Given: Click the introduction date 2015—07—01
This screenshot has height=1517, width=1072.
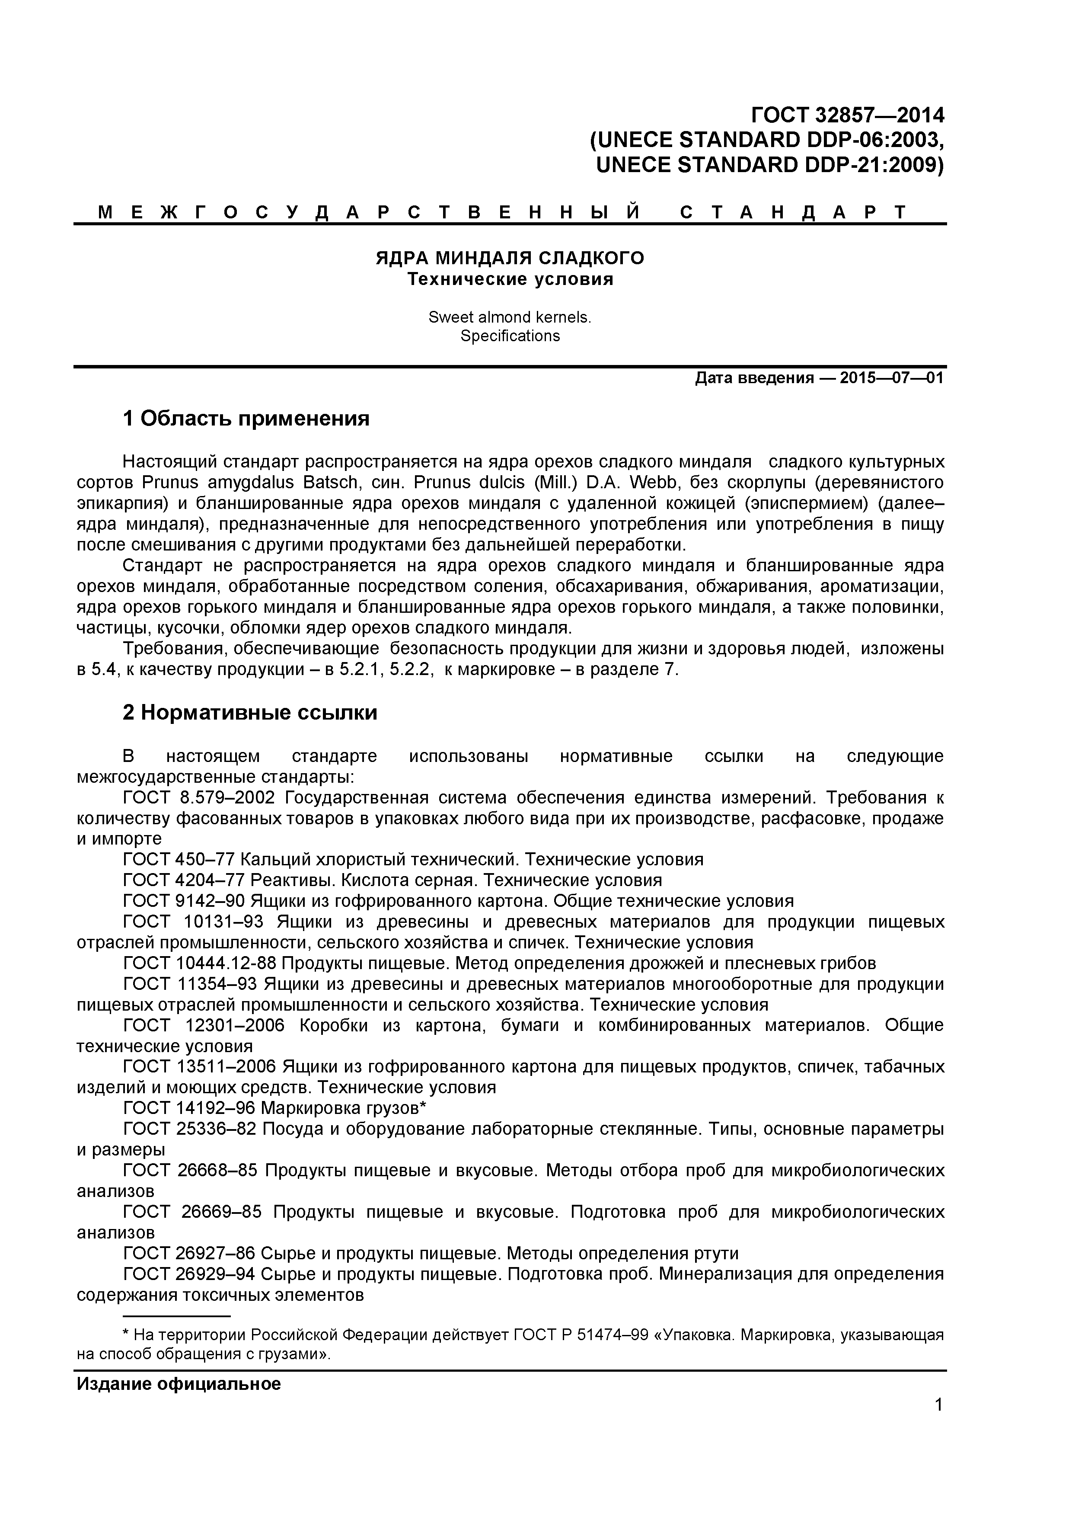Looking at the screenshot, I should [x=892, y=378].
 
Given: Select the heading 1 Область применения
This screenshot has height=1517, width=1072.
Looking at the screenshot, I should [x=246, y=418].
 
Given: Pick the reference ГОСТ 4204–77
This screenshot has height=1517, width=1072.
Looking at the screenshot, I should [x=184, y=881].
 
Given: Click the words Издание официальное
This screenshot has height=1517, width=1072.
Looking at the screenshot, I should [x=179, y=1384].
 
